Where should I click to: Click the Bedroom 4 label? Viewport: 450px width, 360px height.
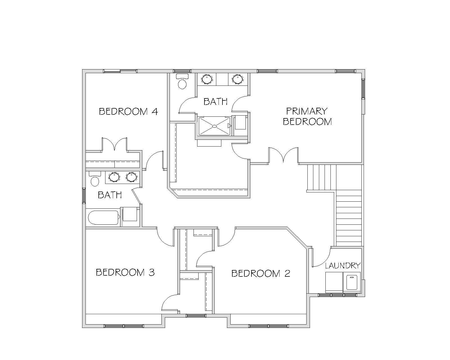point(128,111)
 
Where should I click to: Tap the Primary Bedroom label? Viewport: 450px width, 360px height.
point(307,116)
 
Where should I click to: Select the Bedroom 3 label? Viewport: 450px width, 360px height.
point(125,272)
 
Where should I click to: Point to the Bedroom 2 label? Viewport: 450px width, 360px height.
point(261,273)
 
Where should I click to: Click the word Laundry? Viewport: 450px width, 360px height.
point(343,266)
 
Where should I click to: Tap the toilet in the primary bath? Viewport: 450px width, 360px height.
point(182,81)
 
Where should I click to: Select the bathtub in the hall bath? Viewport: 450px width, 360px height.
point(103,218)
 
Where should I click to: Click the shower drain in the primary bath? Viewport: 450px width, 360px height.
point(214,126)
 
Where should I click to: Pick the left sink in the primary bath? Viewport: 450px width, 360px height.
point(207,79)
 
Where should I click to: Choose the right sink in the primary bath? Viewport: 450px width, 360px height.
point(238,79)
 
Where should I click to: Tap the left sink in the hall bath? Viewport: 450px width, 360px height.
point(114,177)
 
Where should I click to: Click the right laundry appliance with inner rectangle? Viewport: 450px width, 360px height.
point(352,282)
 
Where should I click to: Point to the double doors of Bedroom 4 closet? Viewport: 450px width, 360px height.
point(114,144)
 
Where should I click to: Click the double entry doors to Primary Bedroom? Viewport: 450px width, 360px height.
point(283,155)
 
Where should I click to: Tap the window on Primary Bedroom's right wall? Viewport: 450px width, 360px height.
point(363,88)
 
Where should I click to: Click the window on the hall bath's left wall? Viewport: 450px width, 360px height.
point(84,195)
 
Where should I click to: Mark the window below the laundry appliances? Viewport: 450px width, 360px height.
point(337,295)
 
